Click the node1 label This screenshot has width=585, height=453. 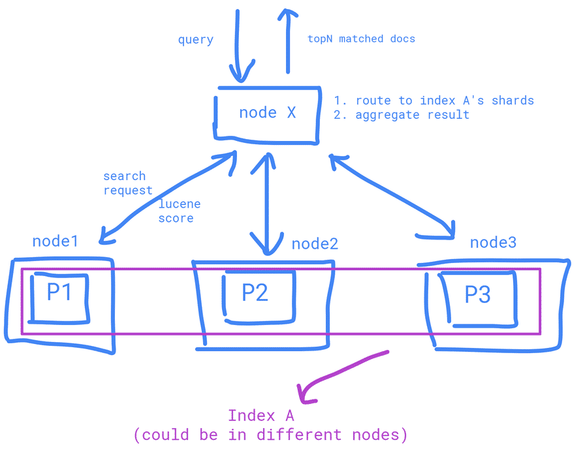(55, 242)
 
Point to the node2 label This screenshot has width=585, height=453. (315, 244)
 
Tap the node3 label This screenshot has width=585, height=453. (494, 242)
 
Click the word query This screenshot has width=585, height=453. (196, 40)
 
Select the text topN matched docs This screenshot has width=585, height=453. (361, 39)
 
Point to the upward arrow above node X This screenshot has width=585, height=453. (285, 39)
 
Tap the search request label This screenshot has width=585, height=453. (127, 183)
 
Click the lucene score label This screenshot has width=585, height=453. (180, 211)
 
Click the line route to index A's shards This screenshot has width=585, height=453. (434, 101)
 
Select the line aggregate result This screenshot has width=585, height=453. (402, 115)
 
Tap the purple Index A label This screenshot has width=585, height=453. (261, 415)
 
